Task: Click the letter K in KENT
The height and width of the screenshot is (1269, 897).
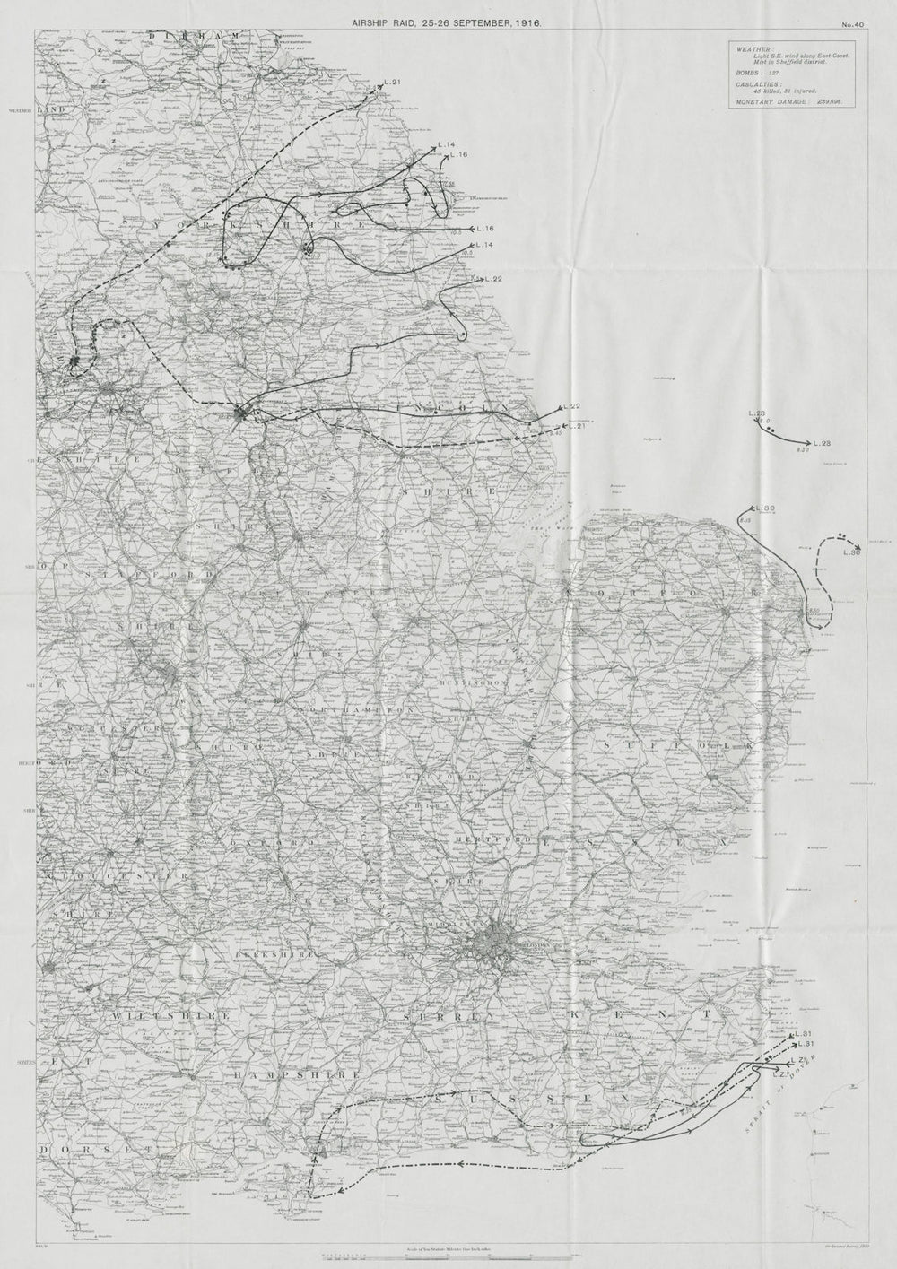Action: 622,1013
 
